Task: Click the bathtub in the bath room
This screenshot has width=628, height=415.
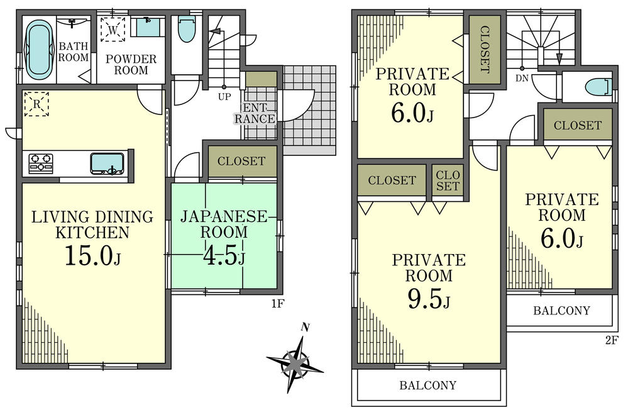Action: (x=40, y=50)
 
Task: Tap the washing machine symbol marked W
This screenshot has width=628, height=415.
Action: (x=113, y=30)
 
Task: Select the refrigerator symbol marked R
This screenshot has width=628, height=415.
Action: (x=37, y=104)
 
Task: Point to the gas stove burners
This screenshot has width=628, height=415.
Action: (x=41, y=163)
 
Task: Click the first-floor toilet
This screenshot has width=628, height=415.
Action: (x=187, y=28)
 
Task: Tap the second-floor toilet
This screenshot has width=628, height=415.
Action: (x=598, y=87)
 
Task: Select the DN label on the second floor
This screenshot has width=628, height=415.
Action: (x=522, y=79)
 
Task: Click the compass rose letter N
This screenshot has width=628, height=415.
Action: (x=306, y=327)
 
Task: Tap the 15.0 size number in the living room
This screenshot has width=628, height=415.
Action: (x=89, y=256)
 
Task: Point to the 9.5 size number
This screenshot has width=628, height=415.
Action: (x=424, y=301)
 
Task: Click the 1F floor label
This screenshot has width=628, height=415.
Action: (x=278, y=304)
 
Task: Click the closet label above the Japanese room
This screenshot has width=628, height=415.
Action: (x=241, y=162)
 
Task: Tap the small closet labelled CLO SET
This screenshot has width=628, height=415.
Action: (x=448, y=180)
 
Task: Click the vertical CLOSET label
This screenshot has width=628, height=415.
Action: (x=484, y=50)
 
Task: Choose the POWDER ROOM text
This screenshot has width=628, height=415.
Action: (x=131, y=65)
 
